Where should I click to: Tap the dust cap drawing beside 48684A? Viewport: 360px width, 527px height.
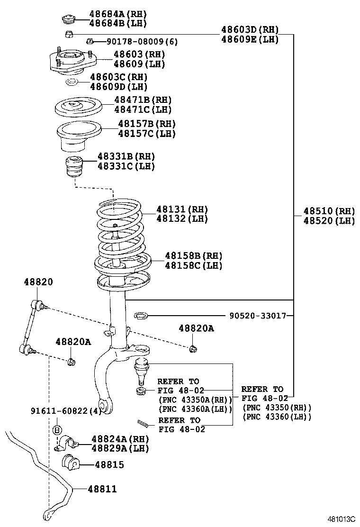69,19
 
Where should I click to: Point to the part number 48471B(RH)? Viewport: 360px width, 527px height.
143,100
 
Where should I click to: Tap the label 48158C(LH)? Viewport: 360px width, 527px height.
193,265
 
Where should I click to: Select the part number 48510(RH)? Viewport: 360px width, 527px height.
329,211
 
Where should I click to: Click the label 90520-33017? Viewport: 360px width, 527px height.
258,315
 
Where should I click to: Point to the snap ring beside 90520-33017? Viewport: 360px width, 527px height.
141,315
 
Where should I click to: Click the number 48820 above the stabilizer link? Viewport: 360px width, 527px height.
38,282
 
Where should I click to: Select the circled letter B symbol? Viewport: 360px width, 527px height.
57,430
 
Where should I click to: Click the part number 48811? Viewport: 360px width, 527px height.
101,489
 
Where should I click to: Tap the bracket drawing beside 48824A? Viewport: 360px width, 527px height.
68,443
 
